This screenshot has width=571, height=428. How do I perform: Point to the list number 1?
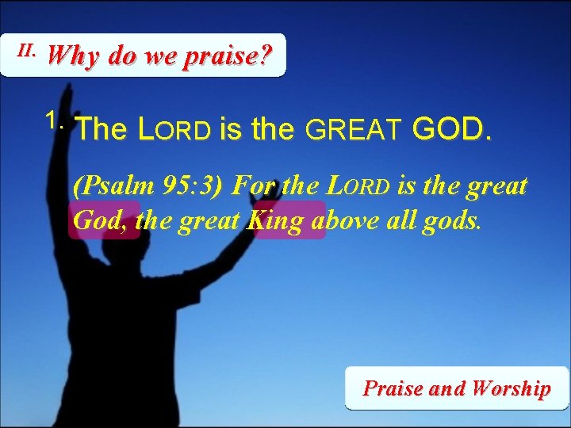click(x=54, y=121)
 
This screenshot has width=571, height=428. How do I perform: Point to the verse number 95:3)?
click(x=190, y=187)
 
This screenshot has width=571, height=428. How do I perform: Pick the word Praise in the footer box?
click(x=393, y=388)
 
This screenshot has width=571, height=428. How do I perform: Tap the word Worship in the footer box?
click(x=510, y=388)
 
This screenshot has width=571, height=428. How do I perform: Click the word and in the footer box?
click(x=446, y=388)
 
